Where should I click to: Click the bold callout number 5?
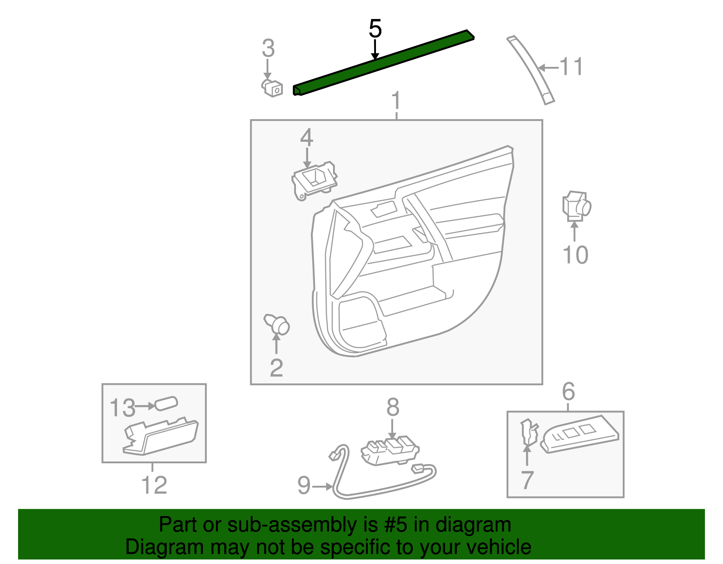point(375,29)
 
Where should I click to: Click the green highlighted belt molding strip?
point(384,63)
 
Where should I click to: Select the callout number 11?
point(571,67)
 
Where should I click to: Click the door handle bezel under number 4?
point(315,180)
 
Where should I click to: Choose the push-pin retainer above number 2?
point(277,324)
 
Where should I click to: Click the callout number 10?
point(575,255)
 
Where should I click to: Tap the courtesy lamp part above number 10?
point(576,206)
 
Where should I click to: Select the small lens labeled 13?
point(166,403)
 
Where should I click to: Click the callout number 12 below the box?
point(154,485)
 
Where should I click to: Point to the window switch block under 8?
point(390,450)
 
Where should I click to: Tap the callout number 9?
point(304,485)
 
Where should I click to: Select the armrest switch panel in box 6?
point(580,433)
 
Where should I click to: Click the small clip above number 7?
point(528,431)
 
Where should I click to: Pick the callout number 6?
point(568,391)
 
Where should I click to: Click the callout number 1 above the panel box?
point(396,100)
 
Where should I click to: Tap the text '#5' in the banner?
point(396,525)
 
